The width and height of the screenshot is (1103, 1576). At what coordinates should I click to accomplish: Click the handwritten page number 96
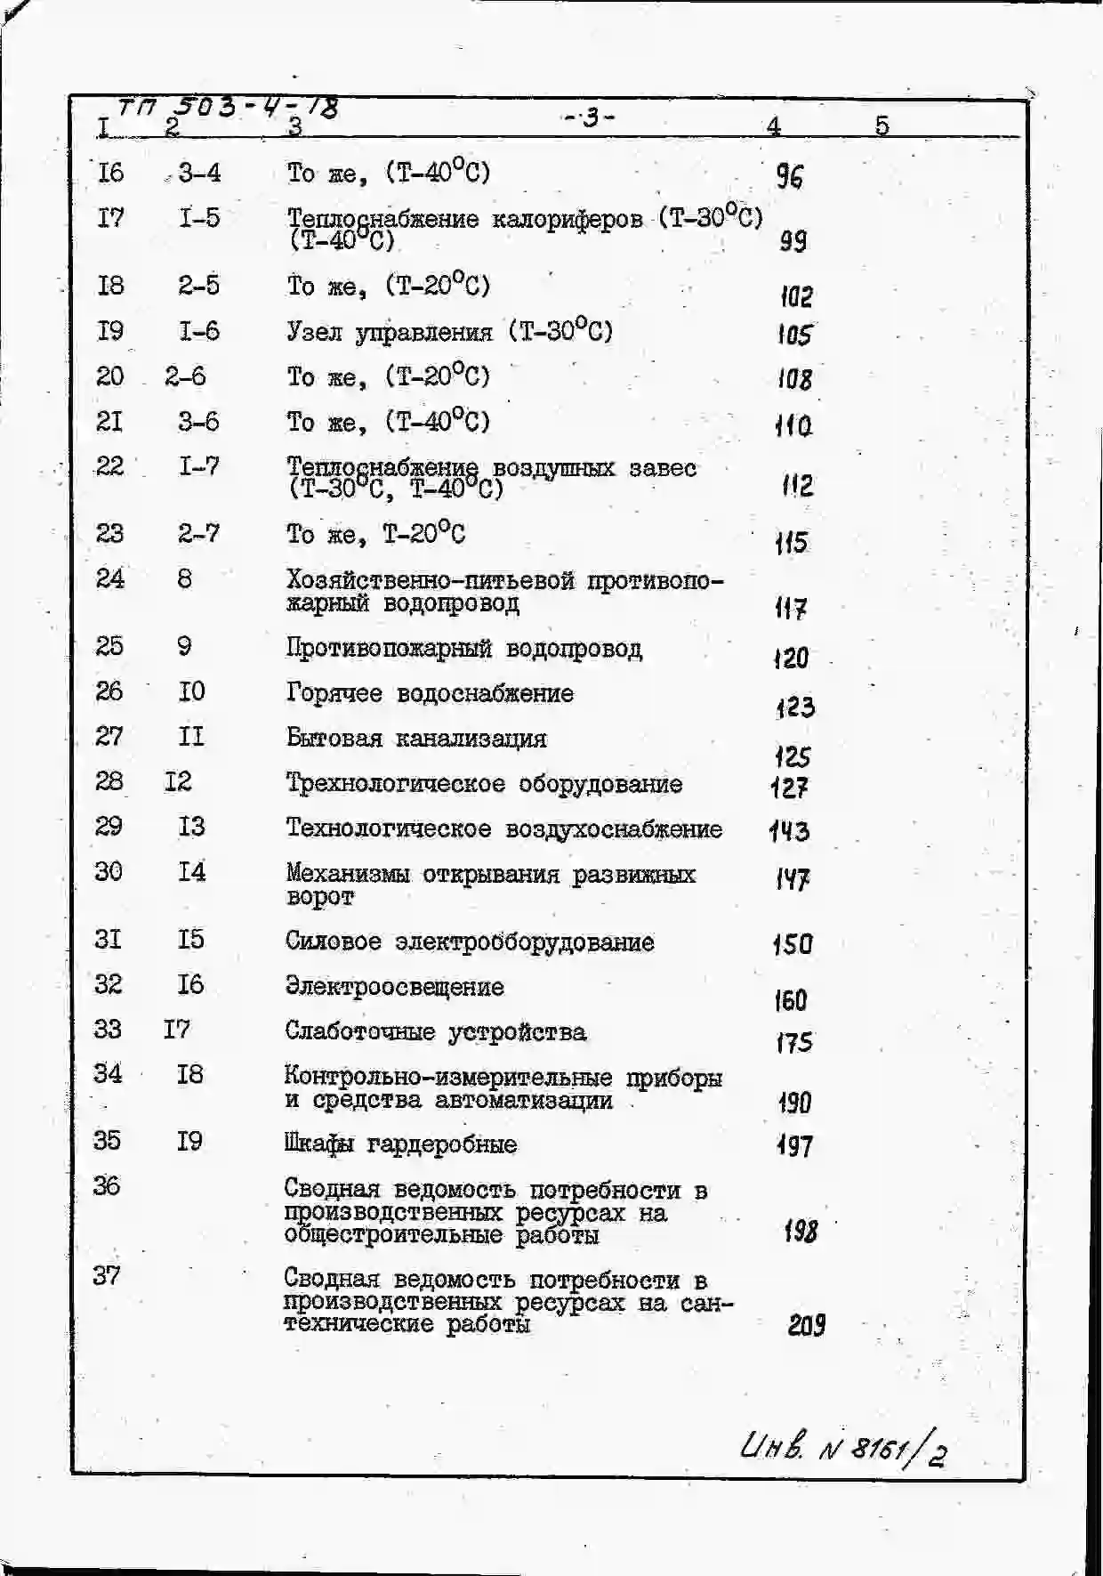tap(789, 176)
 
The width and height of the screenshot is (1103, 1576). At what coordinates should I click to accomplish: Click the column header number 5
tap(882, 125)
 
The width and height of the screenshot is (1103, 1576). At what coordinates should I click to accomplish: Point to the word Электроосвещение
tap(394, 987)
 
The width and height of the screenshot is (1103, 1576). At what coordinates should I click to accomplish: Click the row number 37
tap(106, 1275)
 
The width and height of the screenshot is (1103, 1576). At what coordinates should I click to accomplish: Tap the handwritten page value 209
tap(806, 1326)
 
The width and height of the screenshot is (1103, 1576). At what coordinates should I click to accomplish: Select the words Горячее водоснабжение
tap(430, 693)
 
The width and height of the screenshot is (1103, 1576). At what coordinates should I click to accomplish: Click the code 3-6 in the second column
tap(198, 421)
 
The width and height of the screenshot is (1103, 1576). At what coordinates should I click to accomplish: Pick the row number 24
tap(109, 578)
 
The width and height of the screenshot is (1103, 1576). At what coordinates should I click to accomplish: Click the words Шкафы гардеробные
tap(400, 1144)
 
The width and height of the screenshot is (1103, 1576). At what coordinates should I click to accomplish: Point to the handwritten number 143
tap(789, 831)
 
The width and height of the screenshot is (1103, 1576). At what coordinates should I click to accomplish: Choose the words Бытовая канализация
tap(416, 739)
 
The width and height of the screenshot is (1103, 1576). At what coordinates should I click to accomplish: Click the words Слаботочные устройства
tap(435, 1032)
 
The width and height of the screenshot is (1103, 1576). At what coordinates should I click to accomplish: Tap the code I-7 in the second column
tap(198, 465)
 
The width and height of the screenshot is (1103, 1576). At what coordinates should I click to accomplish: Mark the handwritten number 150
tap(792, 943)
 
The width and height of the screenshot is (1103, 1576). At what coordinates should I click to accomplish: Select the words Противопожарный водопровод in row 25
tap(463, 648)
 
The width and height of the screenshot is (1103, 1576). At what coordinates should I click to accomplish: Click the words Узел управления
tap(389, 332)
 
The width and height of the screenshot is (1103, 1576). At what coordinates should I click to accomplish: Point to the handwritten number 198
tap(801, 1232)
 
